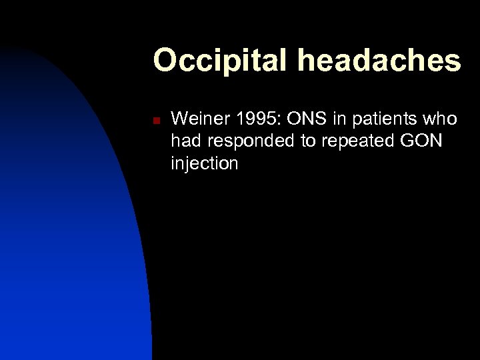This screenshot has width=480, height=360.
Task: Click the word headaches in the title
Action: tap(380, 61)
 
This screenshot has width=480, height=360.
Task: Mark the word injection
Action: tap(204, 164)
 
